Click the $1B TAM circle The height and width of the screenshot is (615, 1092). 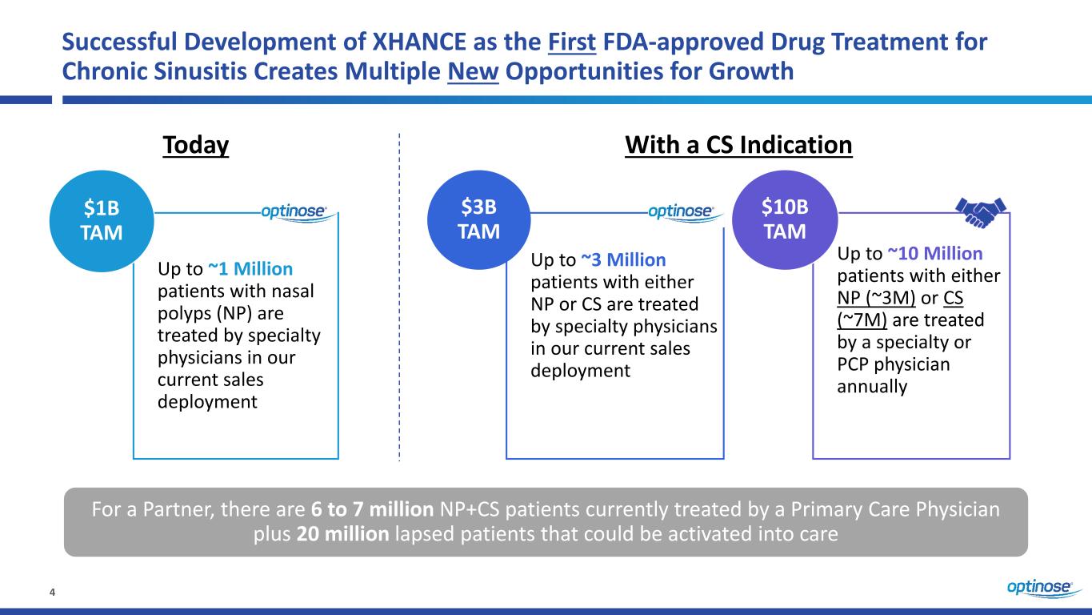102,220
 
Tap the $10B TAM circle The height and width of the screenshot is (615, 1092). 784,220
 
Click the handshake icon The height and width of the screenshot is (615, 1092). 981,211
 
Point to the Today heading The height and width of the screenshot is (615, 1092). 196,146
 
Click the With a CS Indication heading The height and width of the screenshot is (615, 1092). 738,146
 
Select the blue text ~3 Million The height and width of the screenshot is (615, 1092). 623,260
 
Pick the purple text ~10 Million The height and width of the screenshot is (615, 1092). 935,254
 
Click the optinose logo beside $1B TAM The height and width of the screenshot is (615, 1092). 294,211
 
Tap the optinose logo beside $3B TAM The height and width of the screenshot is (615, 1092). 680,211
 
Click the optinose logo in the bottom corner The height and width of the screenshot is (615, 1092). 1039,589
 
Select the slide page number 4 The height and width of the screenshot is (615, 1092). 53,593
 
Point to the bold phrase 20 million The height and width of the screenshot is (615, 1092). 334,535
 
